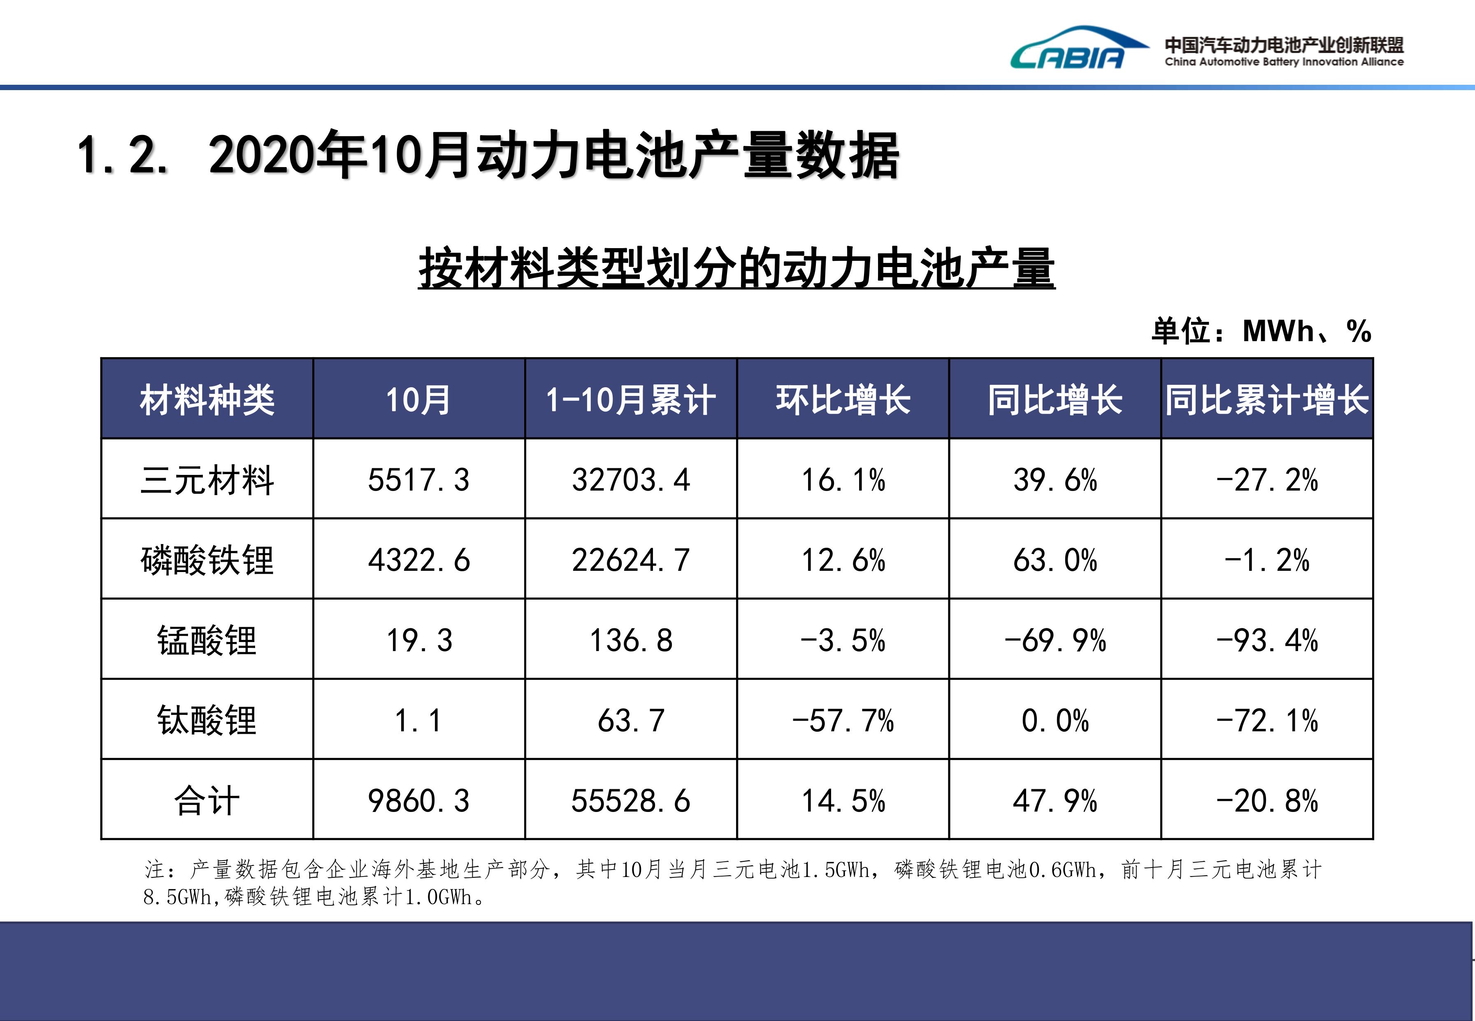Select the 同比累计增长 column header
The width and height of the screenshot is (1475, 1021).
click(x=1266, y=400)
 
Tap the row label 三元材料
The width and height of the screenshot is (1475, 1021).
click(x=207, y=480)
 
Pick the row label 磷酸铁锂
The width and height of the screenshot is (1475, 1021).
click(x=207, y=560)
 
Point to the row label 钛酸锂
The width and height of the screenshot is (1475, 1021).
click(x=207, y=720)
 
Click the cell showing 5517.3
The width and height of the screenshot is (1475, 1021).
click(x=418, y=480)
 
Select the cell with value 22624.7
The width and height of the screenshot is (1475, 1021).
click(x=631, y=560)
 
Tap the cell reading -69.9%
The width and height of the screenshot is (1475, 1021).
click(x=1055, y=640)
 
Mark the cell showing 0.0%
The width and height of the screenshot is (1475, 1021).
click(x=1055, y=720)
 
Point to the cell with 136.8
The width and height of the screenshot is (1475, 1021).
click(x=631, y=640)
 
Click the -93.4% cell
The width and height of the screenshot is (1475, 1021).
click(x=1266, y=640)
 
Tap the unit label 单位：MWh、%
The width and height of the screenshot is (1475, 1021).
click(x=1261, y=331)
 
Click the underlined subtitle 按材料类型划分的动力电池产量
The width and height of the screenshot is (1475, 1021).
click(x=736, y=269)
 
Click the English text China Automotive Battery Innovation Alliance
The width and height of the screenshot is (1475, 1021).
click(x=1284, y=62)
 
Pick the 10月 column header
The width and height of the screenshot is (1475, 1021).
click(x=418, y=400)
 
